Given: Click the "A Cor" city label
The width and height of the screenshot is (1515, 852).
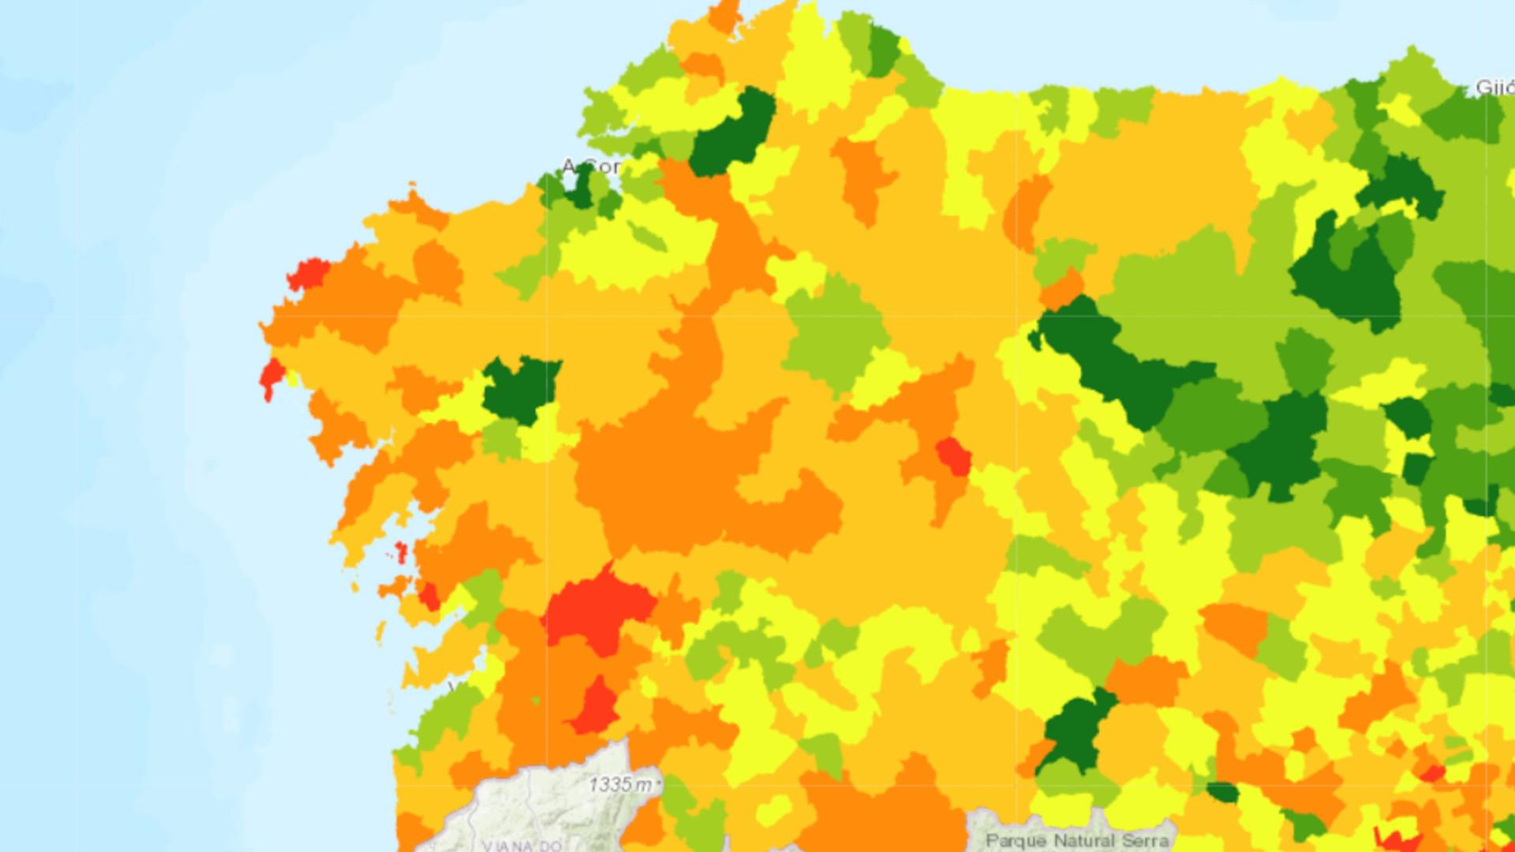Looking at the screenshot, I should (590, 167).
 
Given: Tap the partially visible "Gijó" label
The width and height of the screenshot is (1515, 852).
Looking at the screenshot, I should (1494, 88).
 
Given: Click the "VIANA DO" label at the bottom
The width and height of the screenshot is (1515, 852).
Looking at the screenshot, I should (522, 845).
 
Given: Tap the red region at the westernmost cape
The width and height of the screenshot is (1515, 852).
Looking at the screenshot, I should (271, 376).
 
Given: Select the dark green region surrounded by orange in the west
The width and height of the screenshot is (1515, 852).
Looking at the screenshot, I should (520, 387).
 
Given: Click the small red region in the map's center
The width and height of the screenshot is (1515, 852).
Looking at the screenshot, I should (953, 457).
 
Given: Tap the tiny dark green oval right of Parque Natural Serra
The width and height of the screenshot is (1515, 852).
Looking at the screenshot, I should (1222, 792).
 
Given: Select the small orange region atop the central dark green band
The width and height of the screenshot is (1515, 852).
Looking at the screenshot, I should (1062, 289).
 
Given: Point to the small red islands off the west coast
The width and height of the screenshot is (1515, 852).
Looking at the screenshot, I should (401, 552).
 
